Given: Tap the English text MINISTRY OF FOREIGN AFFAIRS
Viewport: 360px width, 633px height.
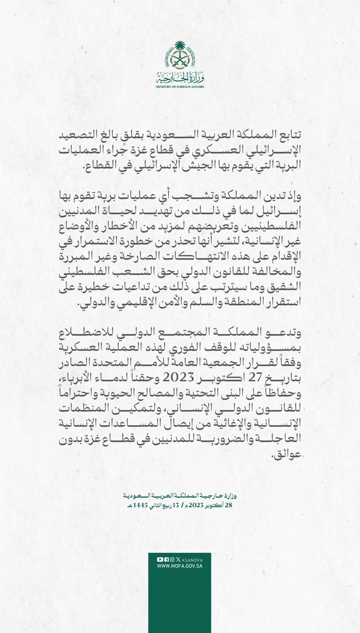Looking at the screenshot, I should tap(180, 85).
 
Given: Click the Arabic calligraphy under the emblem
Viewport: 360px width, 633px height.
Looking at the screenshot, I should tap(180, 77).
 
